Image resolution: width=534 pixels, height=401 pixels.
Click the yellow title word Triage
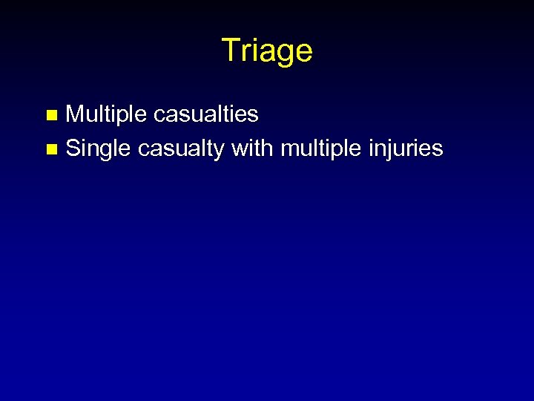tap(267, 50)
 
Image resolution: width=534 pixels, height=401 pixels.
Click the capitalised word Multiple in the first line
tap(107, 114)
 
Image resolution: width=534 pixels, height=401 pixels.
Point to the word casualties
tap(206, 114)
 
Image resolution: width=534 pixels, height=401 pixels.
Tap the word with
tap(252, 148)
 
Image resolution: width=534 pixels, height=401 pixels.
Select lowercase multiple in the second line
tap(317, 149)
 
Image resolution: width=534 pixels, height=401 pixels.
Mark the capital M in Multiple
tap(76, 114)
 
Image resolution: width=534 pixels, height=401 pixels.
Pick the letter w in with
tap(240, 149)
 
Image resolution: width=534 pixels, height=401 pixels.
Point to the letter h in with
tap(268, 148)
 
